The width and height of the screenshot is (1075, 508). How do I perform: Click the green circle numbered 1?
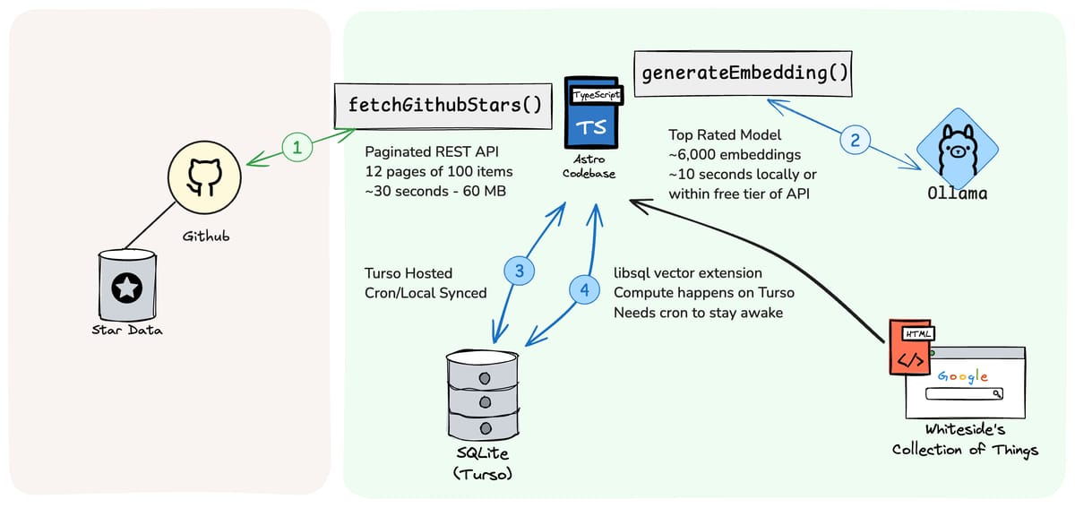point(297,147)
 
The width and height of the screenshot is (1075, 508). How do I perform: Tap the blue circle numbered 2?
point(855,140)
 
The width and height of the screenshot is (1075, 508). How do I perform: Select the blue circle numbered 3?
point(520,271)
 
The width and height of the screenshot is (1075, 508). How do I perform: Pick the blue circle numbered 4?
point(584,289)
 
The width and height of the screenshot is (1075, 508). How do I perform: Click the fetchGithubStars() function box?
point(443,106)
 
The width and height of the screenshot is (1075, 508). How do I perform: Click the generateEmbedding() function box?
point(743,73)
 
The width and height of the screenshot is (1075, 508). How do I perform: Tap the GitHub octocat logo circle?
point(204,177)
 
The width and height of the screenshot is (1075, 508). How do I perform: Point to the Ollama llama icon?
point(958,149)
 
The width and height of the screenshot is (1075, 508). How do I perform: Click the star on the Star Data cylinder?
point(126,288)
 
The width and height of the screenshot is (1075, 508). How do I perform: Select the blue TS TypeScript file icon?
point(592,112)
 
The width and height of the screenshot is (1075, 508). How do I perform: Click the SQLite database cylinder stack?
point(482,395)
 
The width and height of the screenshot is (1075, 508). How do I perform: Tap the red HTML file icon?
point(910,347)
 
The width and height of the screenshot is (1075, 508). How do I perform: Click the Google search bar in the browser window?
point(964,393)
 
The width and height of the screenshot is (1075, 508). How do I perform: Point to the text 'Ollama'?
point(958,194)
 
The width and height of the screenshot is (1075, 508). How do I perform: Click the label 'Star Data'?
point(127,330)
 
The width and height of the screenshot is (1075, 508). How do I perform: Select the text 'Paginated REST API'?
point(432,151)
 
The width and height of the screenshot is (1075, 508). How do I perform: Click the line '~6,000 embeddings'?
point(735,155)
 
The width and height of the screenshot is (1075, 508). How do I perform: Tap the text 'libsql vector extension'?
point(688,273)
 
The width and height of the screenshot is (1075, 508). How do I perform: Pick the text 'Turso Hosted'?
point(408,273)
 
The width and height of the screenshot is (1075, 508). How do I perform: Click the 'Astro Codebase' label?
point(589,166)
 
